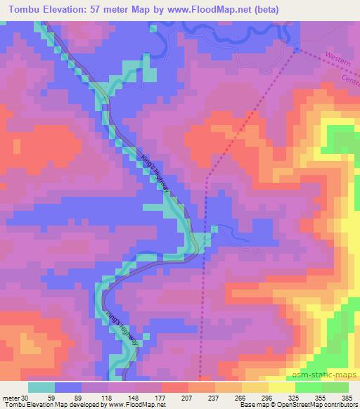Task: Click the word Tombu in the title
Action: pyautogui.click(x=26, y=10)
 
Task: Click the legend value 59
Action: pyautogui.click(x=56, y=397)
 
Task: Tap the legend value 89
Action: pyautogui.click(x=82, y=397)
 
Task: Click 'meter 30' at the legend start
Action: pyautogui.click(x=15, y=397)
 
